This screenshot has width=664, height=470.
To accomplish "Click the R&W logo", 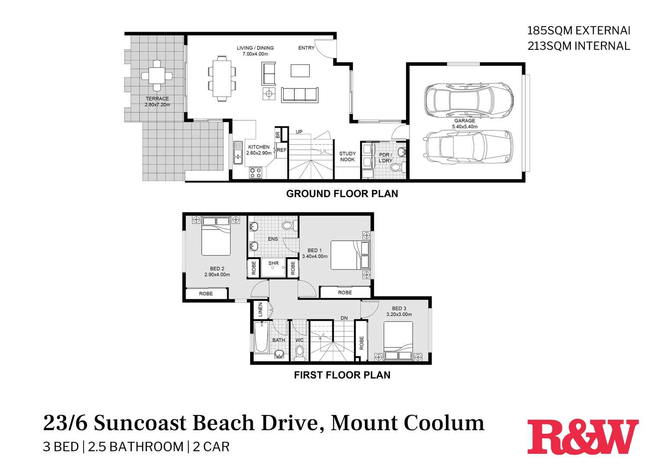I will pyautogui.click(x=583, y=437).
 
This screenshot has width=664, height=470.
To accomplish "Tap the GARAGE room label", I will pyautogui.click(x=464, y=121).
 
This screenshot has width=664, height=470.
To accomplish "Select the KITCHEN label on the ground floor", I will pyautogui.click(x=259, y=147).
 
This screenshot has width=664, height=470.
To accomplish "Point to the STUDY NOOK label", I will pyautogui.click(x=347, y=156).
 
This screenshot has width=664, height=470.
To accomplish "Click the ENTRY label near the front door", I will pyautogui.click(x=306, y=48).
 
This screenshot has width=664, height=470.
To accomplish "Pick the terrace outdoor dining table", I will pyautogui.click(x=157, y=76).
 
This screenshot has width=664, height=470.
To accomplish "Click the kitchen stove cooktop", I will pyautogui.click(x=255, y=173).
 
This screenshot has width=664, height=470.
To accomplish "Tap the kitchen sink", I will pyautogui.click(x=238, y=153).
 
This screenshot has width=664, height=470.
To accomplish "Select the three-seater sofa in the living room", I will pyautogui.click(x=300, y=94).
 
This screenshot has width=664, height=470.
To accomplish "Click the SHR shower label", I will pyautogui.click(x=274, y=263).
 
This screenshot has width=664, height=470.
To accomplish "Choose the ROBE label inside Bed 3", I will pyautogui.click(x=361, y=344).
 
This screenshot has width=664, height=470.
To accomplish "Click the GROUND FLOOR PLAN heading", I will pyautogui.click(x=342, y=194).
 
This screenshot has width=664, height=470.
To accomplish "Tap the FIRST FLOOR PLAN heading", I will pyautogui.click(x=342, y=375).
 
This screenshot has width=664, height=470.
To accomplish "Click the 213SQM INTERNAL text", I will pyautogui.click(x=579, y=46).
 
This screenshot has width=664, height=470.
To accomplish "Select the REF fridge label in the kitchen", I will pyautogui.click(x=282, y=150).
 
